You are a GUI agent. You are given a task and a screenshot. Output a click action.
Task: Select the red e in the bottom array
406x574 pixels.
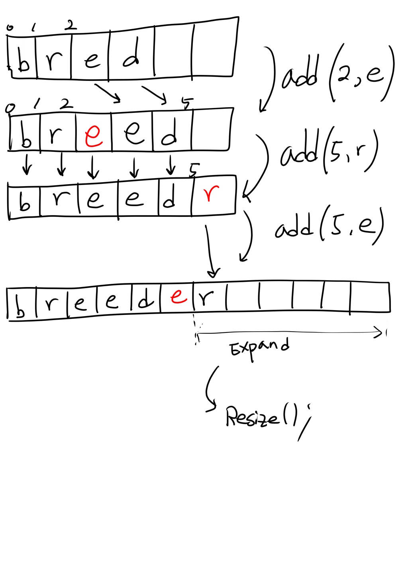(x=178, y=296)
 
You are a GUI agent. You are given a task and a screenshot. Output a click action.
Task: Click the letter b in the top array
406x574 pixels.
(x=24, y=62)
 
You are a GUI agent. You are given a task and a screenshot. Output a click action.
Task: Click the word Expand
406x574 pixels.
(x=259, y=348)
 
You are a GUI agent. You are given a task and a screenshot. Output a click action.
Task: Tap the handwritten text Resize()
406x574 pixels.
(x=261, y=417)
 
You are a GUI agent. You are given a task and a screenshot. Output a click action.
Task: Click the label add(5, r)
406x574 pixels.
(x=328, y=152)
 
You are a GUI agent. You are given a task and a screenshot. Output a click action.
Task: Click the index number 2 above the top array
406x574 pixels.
(x=70, y=26)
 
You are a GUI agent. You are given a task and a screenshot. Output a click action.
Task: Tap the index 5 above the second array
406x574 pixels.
(x=186, y=103)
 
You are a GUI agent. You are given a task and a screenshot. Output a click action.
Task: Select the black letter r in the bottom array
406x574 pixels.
(x=206, y=297)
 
